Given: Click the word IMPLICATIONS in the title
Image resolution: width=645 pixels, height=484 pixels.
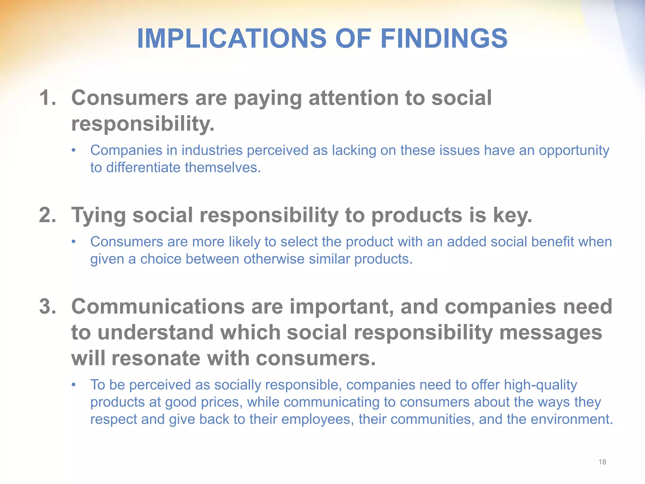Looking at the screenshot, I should point(232,38).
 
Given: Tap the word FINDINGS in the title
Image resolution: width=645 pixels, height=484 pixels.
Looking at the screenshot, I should point(444,38).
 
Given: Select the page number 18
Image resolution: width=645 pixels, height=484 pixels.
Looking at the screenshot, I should point(602,462).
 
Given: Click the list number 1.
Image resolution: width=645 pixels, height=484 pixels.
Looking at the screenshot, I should point(48,98).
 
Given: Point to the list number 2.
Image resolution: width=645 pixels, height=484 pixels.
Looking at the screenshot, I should point(48,215).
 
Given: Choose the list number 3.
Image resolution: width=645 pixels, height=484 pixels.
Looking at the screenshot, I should point(48,306).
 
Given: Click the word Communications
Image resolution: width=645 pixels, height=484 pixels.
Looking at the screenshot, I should point(158,306).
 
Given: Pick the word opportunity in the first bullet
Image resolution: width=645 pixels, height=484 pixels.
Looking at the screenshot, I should point(574,151).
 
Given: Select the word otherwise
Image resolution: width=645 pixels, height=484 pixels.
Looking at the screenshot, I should point(274,259).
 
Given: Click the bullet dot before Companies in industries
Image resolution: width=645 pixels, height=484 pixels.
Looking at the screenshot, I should point(73,150).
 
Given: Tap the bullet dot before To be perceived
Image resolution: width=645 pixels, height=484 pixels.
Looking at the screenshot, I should point(73,385).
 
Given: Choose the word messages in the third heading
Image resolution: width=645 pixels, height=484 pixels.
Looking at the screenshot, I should point(551,333).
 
